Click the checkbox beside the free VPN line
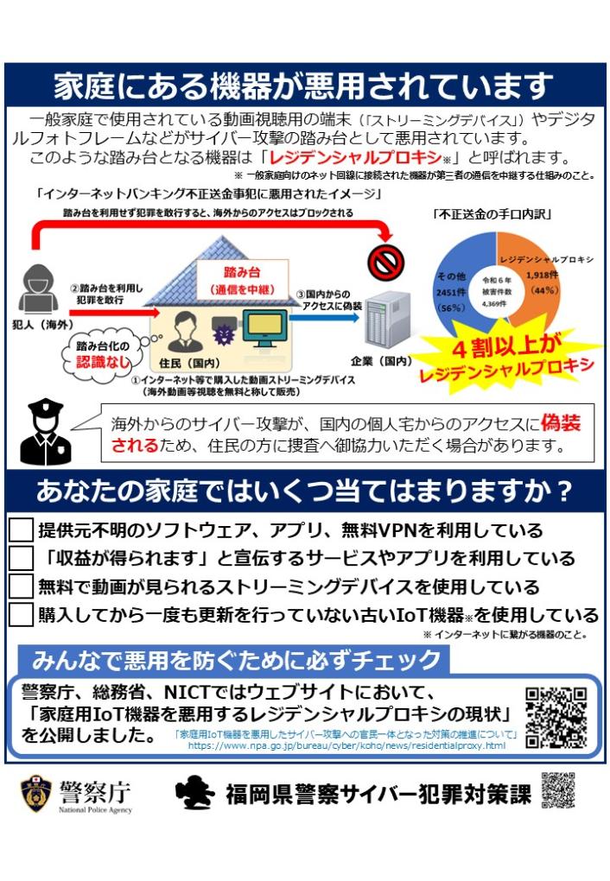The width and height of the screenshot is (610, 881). (21, 529)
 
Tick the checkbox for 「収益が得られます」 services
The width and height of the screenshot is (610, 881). (21, 558)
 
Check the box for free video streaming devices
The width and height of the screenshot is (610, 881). (21, 586)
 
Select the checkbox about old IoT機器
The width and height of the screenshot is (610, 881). (21, 614)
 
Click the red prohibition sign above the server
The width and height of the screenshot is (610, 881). (385, 261)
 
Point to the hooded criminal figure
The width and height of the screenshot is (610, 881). (38, 288)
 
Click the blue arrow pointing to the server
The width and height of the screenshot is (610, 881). (324, 318)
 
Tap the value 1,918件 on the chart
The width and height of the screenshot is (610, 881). (542, 276)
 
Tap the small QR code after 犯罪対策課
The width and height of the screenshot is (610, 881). (558, 790)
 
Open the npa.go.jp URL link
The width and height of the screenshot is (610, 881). (346, 745)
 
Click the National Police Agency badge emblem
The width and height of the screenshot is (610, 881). (36, 794)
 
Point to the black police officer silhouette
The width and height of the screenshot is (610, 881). (46, 432)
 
